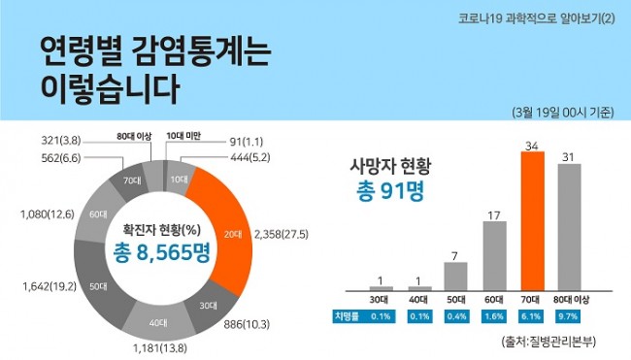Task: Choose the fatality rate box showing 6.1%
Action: point(531,315)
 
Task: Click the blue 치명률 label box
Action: point(347,315)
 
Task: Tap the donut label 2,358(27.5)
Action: point(288,234)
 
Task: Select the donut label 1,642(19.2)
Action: point(46,286)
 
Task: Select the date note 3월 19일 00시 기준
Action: point(562,113)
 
